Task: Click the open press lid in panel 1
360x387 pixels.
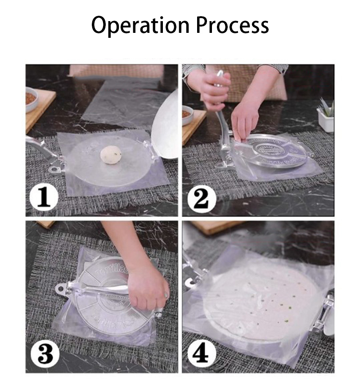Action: point(166,128)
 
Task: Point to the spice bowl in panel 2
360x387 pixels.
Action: point(187,115)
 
